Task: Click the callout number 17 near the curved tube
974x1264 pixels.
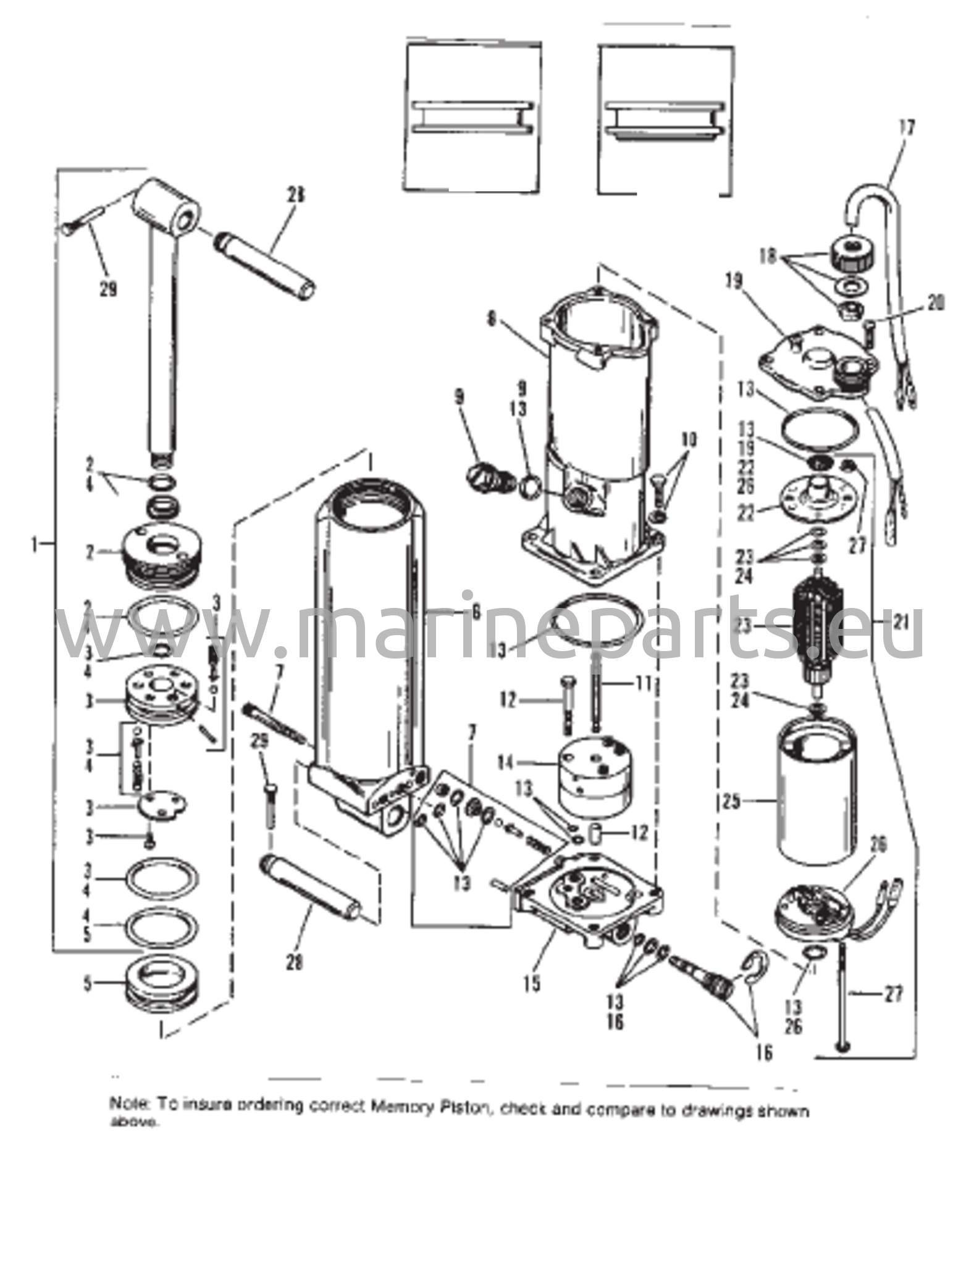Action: coord(907,129)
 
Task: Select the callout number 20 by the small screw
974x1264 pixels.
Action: coord(936,302)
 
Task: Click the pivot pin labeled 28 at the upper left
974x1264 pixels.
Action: coord(266,262)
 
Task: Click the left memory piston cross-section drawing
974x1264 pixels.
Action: coord(473,117)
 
